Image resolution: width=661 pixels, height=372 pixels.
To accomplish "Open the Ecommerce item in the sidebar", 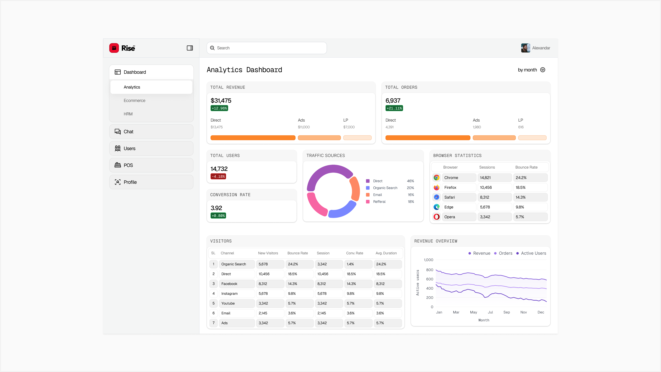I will [134, 101].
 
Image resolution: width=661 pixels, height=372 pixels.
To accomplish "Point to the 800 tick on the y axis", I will [430, 270].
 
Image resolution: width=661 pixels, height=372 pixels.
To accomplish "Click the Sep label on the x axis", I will [507, 312].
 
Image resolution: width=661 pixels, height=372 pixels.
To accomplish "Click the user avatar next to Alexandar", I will [525, 48].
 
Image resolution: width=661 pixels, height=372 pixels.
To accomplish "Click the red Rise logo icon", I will [114, 48].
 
